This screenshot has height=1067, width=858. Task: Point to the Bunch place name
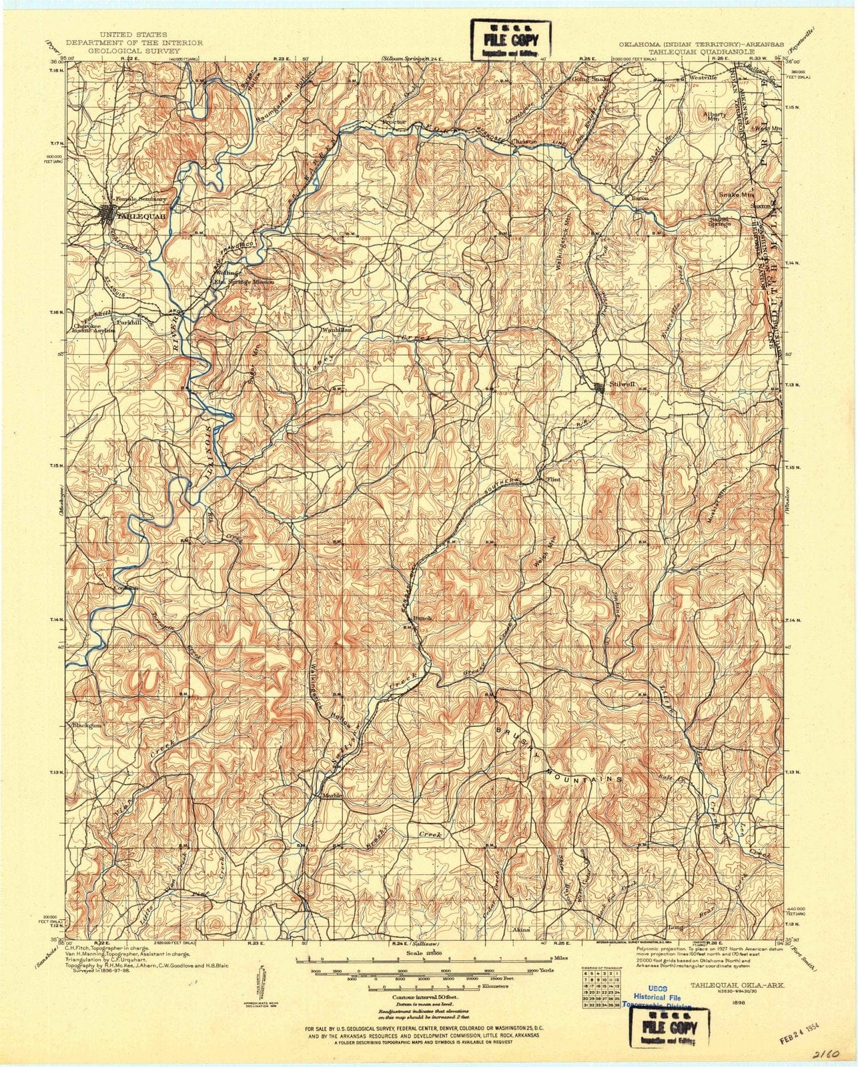tap(423, 618)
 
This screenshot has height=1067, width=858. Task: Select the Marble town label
tap(332, 796)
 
